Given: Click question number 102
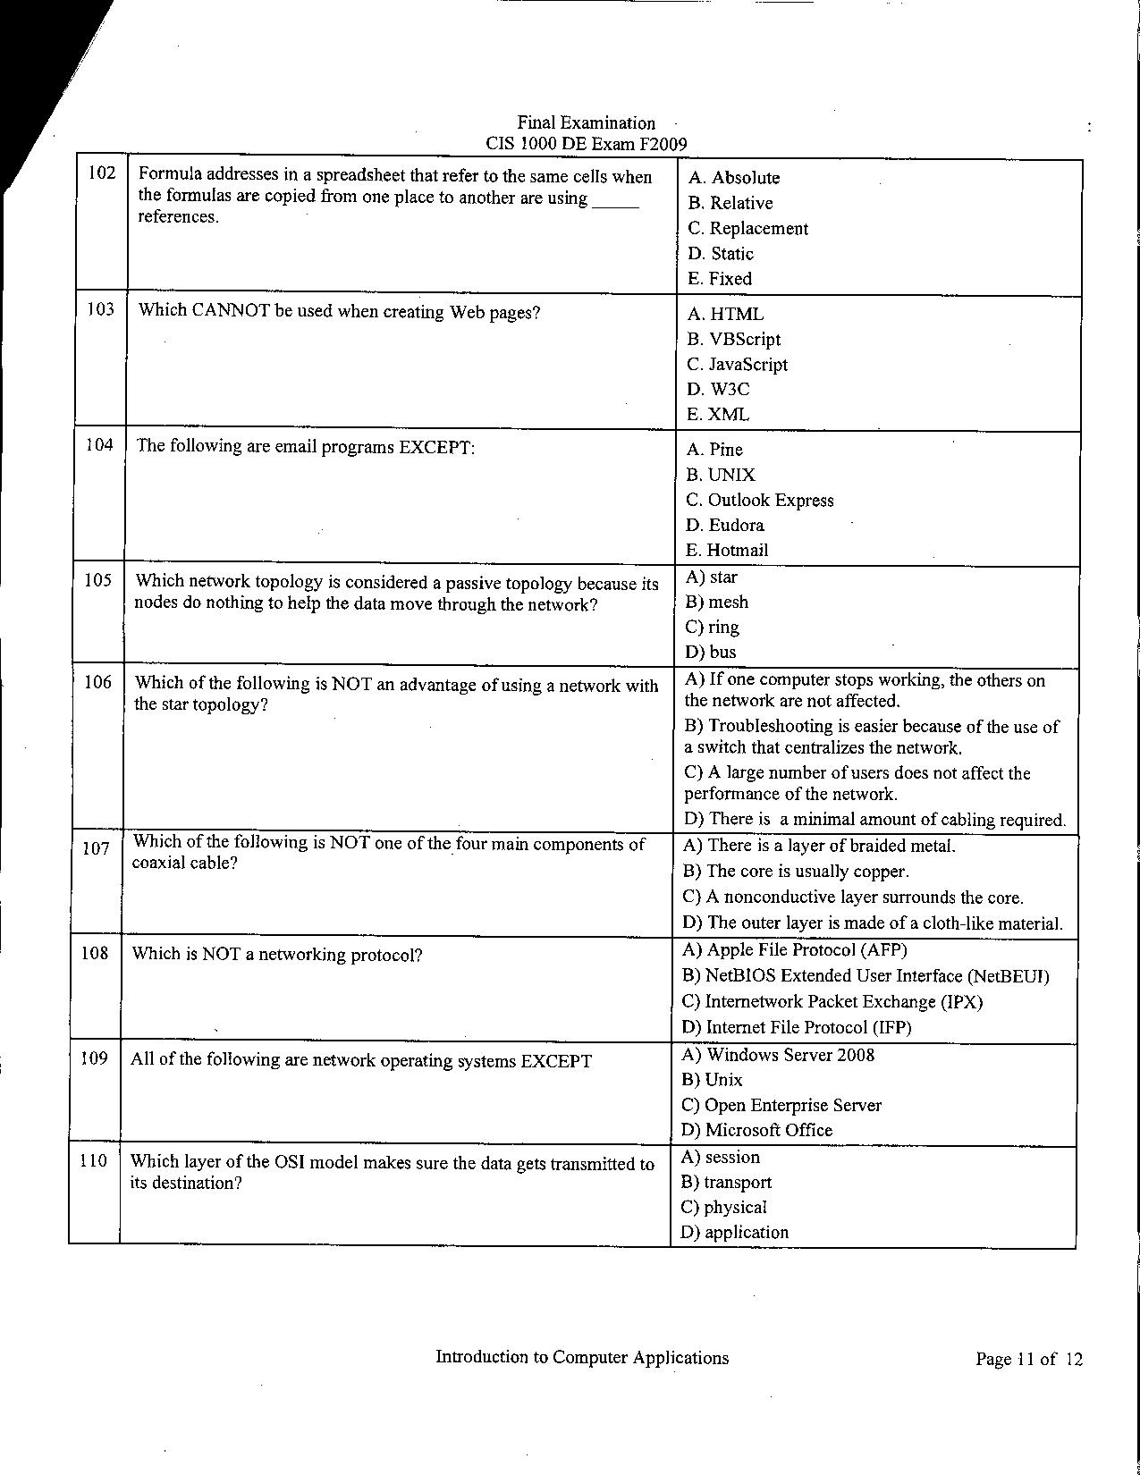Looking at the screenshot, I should click(103, 173).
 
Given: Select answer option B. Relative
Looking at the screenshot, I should click(730, 203).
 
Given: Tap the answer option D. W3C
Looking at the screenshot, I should click(718, 389).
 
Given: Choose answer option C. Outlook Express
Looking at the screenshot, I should click(759, 500).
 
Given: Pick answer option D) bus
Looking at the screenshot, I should click(710, 652).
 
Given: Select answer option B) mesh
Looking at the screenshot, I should click(716, 602).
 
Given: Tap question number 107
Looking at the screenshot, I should click(96, 848).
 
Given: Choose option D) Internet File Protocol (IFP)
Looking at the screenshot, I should click(797, 1027).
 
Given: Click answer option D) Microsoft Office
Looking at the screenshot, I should click(756, 1130).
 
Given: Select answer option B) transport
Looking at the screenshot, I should click(726, 1182).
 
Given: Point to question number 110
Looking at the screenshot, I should click(93, 1160).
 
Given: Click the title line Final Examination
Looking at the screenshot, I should click(586, 122).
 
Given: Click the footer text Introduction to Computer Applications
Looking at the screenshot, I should click(582, 1357).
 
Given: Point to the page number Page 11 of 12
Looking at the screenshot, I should click(1029, 1360).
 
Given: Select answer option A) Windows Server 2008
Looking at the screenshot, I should click(778, 1055).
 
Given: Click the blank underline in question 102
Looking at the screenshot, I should click(615, 204).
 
